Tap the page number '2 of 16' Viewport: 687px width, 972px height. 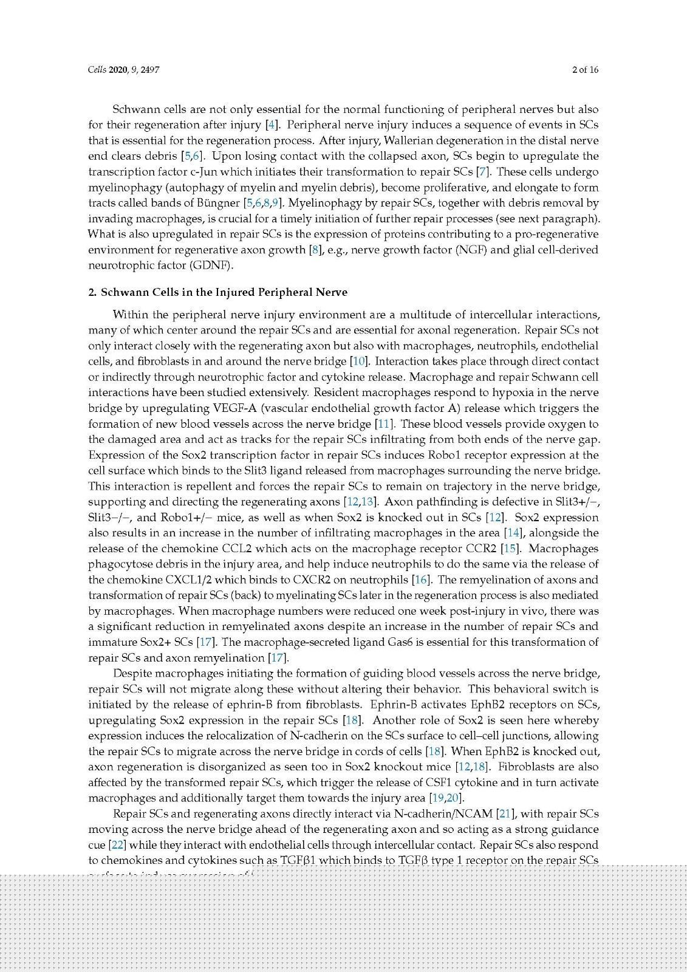pyautogui.click(x=585, y=70)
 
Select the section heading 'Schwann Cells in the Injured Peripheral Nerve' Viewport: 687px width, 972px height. pyautogui.click(x=224, y=292)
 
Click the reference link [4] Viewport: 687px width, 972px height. pyautogui.click(x=272, y=125)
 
